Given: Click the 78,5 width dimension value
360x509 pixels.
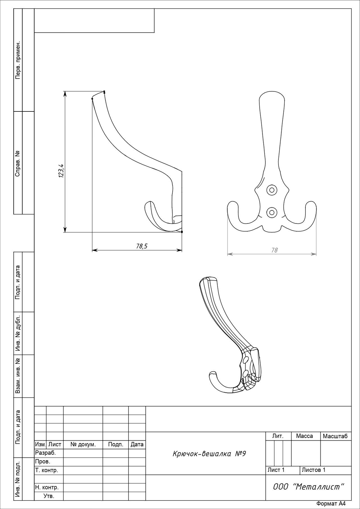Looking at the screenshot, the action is [x=142, y=246].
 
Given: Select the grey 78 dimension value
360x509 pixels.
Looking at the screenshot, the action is [x=274, y=250].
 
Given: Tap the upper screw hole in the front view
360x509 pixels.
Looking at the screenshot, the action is [x=272, y=190].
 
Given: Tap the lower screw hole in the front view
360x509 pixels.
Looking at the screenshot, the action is [x=272, y=212].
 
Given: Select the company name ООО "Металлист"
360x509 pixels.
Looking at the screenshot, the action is [x=309, y=486].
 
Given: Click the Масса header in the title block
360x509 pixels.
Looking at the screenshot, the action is [x=304, y=436].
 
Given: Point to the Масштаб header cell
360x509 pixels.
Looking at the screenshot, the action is [x=335, y=436].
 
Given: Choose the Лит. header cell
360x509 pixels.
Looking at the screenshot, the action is [x=278, y=436].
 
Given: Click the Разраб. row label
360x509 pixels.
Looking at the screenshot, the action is [x=46, y=453].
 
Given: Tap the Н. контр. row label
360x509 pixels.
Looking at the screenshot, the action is [x=47, y=487].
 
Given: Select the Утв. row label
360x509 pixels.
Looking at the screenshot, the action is [x=49, y=496].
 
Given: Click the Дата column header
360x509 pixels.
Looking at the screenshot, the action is [x=137, y=445].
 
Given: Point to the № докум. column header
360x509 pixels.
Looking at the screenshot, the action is [x=83, y=445].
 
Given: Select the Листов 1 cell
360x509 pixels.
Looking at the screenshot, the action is [x=314, y=470].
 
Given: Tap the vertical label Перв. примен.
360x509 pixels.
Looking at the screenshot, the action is [x=18, y=60].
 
